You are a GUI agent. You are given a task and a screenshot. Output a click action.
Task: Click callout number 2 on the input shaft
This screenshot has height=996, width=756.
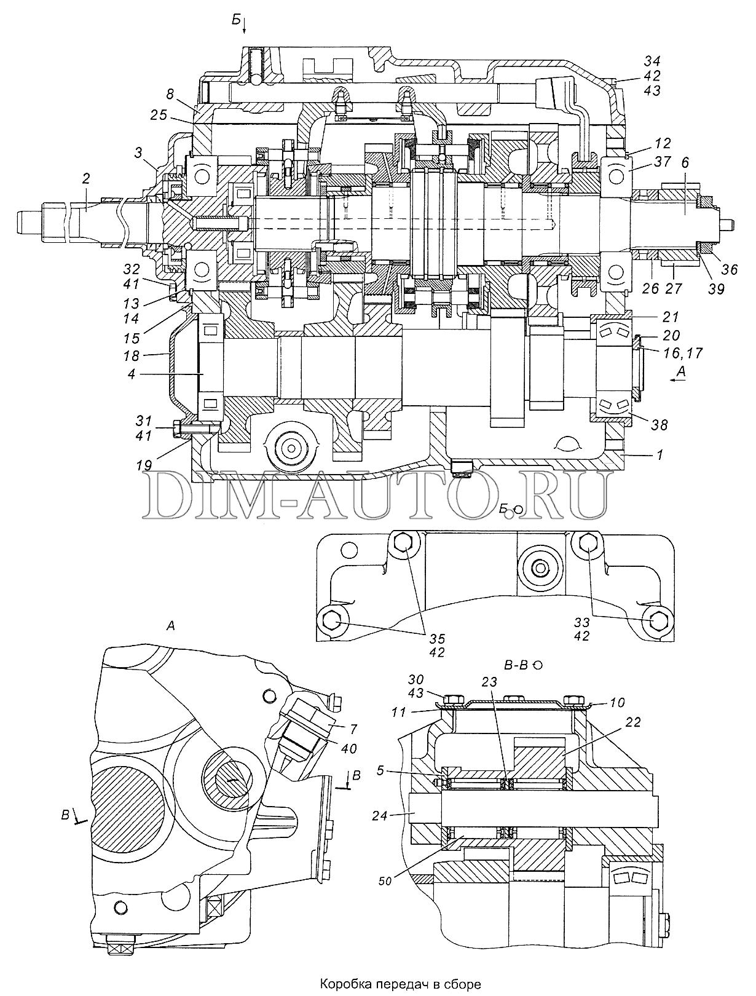(x=86, y=179)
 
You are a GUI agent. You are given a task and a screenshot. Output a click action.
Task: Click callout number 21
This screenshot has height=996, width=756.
(x=671, y=317)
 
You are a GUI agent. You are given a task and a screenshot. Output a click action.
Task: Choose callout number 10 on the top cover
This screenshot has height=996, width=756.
(x=618, y=703)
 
